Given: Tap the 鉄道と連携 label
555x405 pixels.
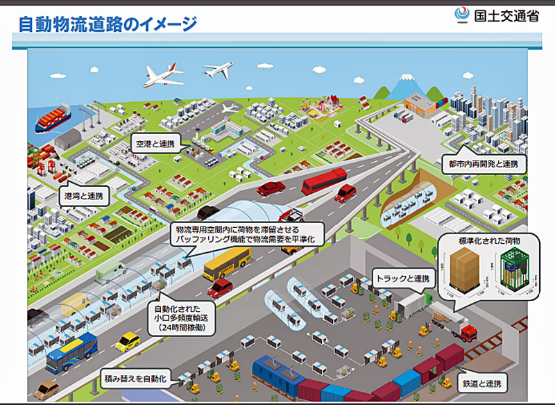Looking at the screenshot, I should click(484, 383).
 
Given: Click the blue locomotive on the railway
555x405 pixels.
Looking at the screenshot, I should click(277, 374).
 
